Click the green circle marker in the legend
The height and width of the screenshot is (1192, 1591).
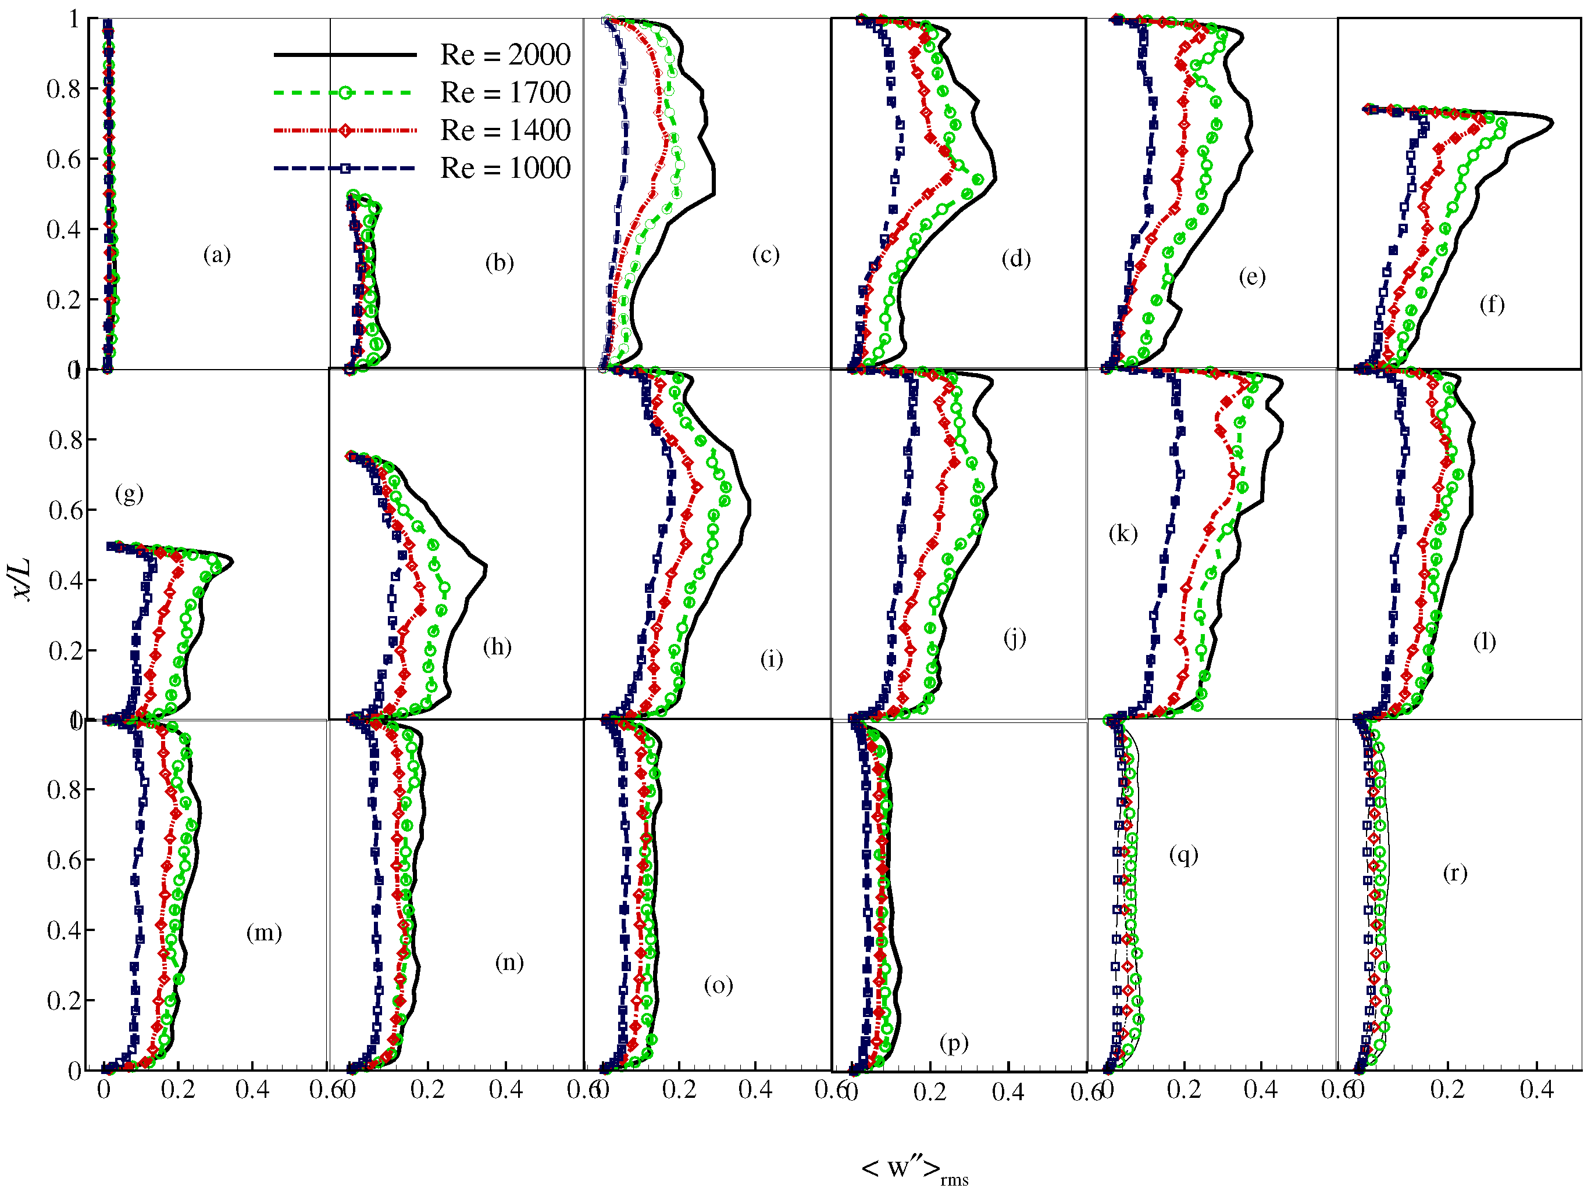345,93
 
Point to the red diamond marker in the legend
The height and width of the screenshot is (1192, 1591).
345,131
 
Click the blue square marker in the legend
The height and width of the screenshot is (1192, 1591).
345,168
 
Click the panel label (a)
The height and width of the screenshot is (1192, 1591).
216,255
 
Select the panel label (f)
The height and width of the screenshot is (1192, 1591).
1492,305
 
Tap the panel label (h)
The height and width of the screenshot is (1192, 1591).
497,647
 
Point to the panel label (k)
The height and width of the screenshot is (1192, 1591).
1123,534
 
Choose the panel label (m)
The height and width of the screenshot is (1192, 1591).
264,933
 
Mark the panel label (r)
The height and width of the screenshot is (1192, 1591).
1454,874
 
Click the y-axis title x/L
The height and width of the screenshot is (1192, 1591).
23,579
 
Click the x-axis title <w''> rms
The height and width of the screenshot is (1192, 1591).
914,1169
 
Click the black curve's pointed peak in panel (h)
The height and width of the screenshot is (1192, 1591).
486,568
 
